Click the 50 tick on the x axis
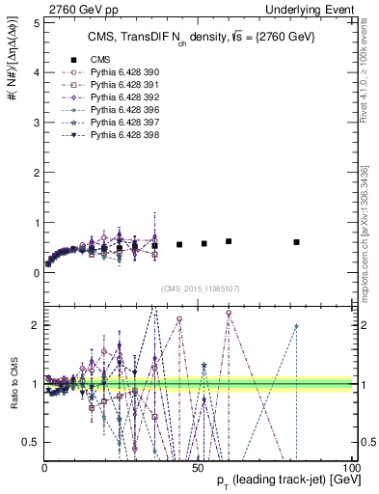coord(198,468)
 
